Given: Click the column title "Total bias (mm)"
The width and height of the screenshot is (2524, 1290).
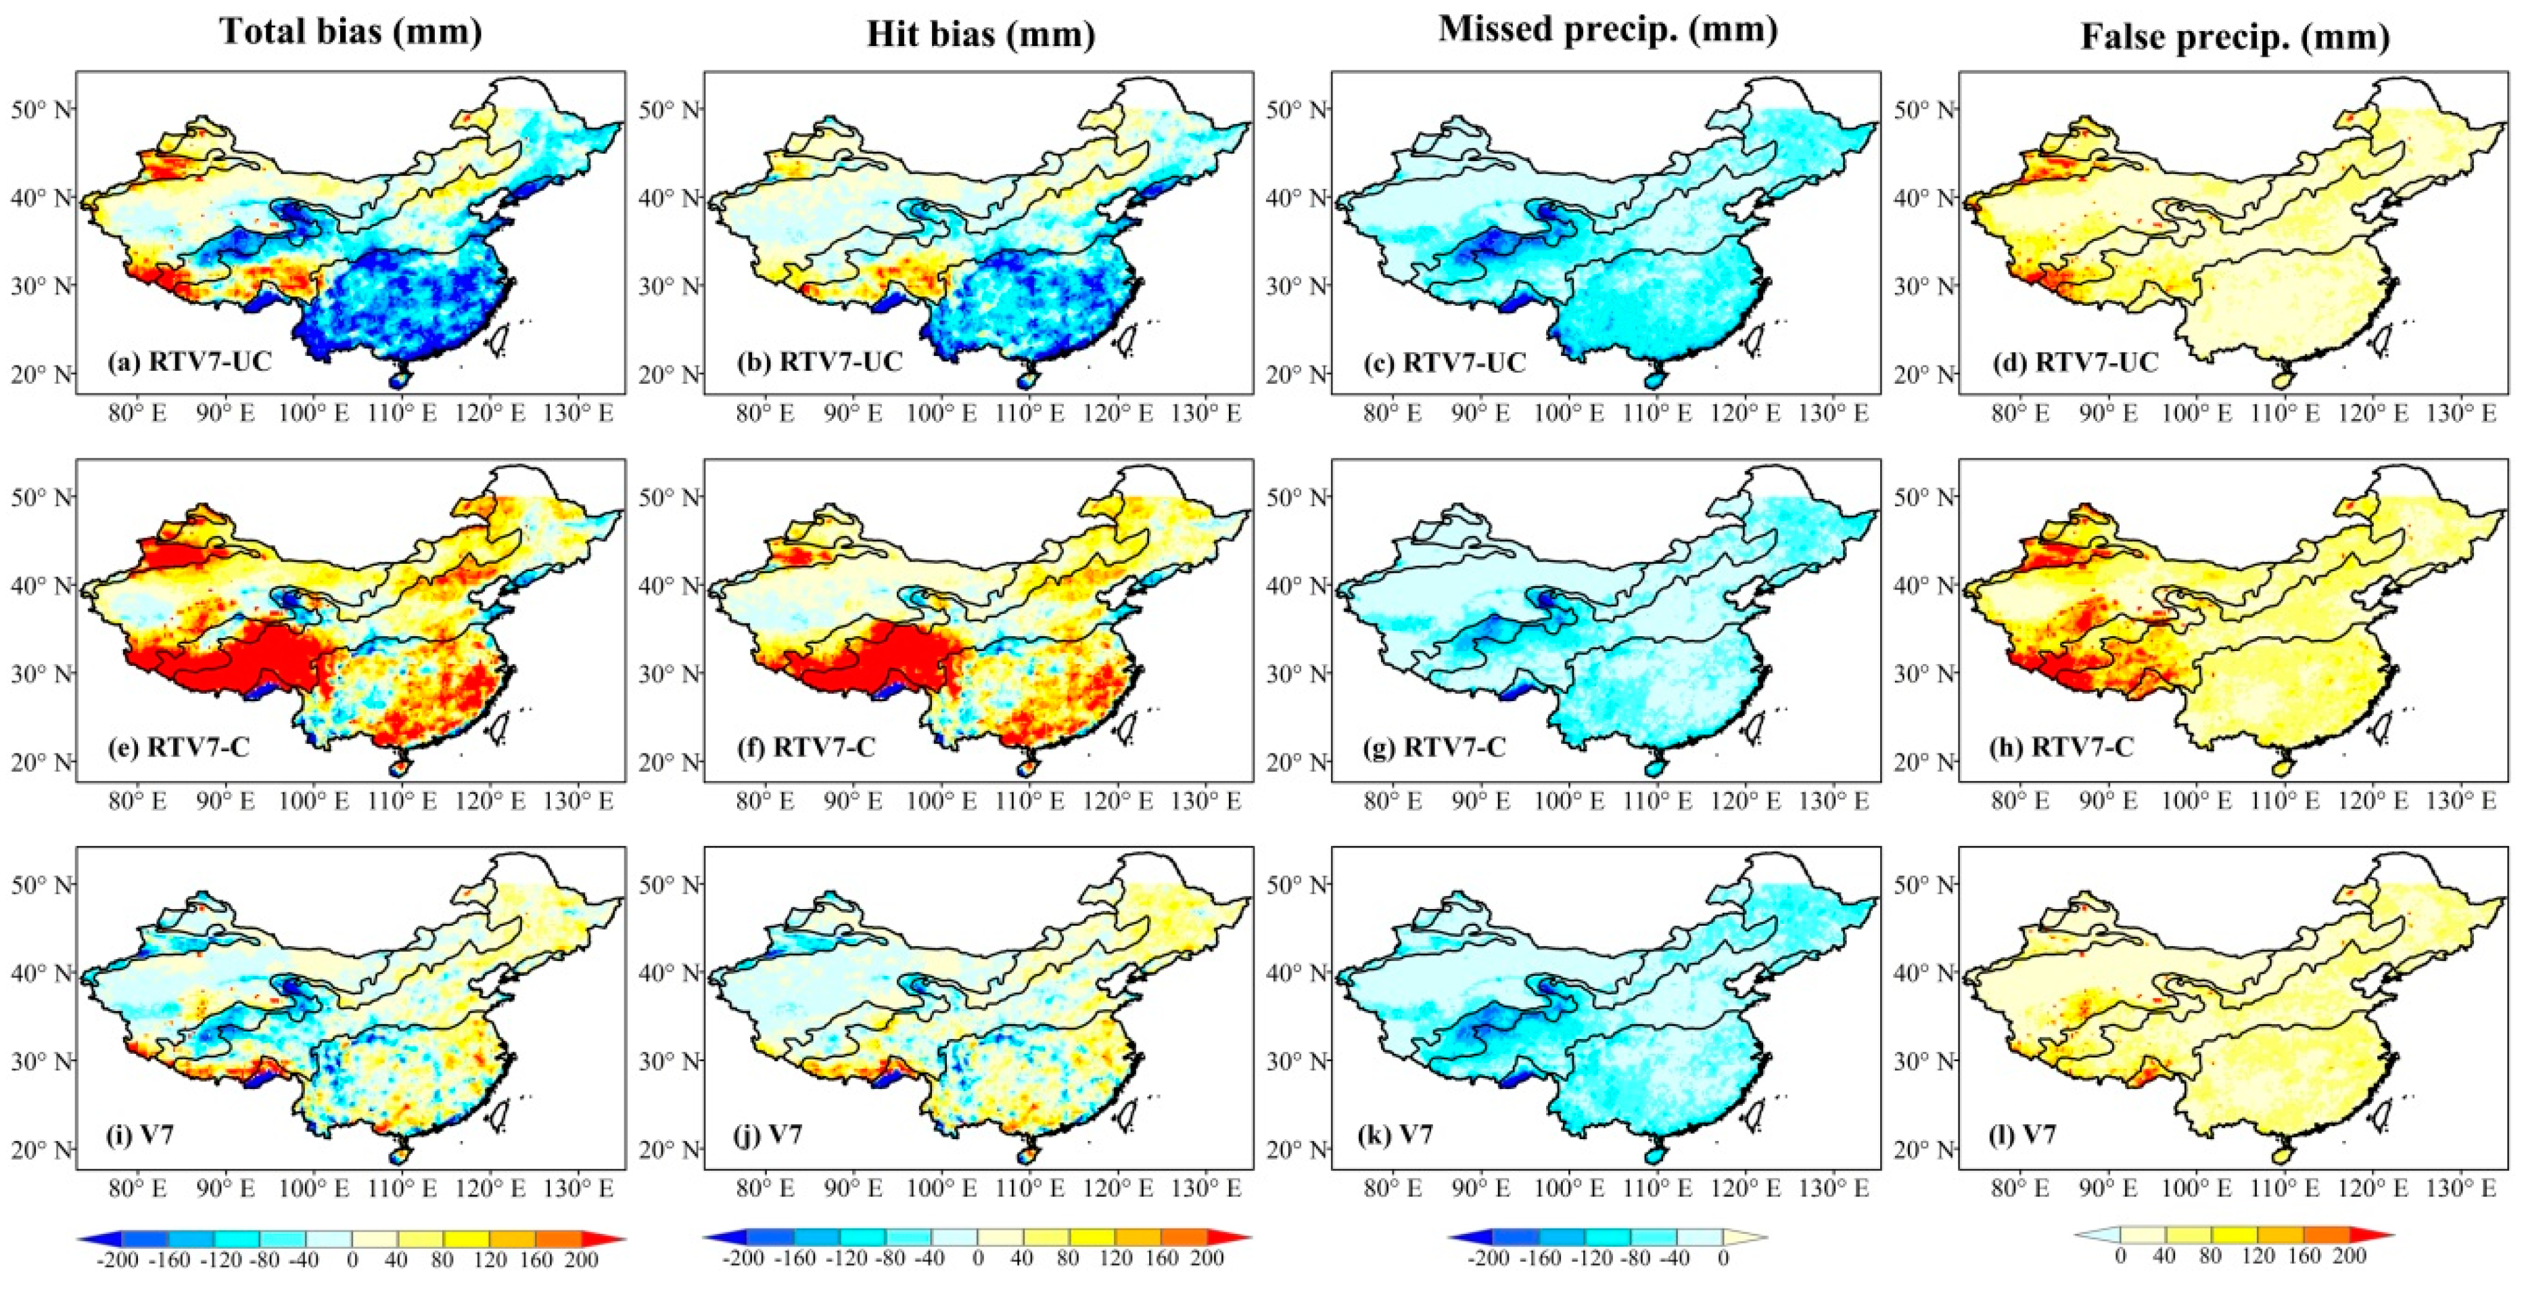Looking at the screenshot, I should (x=351, y=32).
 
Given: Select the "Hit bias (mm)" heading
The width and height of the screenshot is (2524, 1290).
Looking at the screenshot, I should (x=980, y=35).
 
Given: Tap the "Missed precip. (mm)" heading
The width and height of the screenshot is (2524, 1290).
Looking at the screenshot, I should (x=1608, y=29).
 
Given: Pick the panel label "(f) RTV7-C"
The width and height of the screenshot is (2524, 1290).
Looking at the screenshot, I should (x=824, y=748).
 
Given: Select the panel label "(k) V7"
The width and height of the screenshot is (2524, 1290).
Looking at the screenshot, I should (x=1396, y=1135).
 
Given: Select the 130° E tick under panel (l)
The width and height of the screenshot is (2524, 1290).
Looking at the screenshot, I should (x=2460, y=1188).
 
